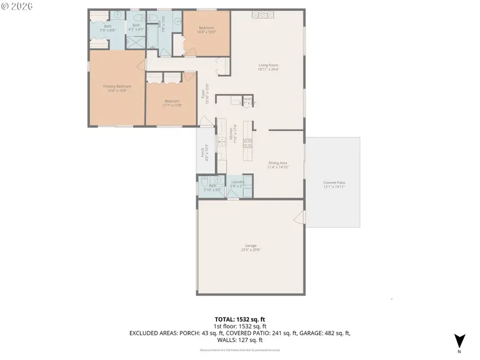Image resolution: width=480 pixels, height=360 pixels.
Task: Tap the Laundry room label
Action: point(237,182)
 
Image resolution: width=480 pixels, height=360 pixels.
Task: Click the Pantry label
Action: point(247,99)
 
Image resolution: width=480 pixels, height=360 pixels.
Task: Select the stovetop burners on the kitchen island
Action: point(247,142)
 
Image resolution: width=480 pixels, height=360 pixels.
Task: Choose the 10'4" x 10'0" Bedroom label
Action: point(206,30)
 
